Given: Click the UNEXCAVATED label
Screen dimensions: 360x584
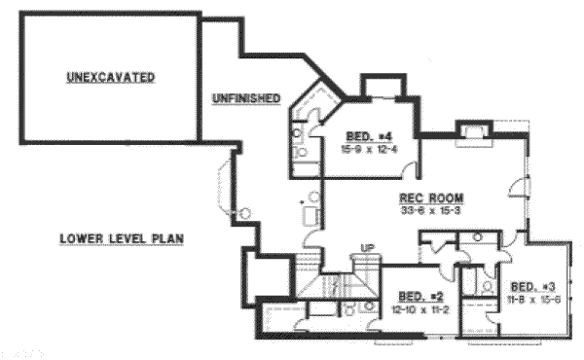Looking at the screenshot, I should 111,76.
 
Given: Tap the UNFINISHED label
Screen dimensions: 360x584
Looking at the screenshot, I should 246,98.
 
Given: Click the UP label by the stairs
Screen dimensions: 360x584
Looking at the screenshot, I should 369,249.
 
